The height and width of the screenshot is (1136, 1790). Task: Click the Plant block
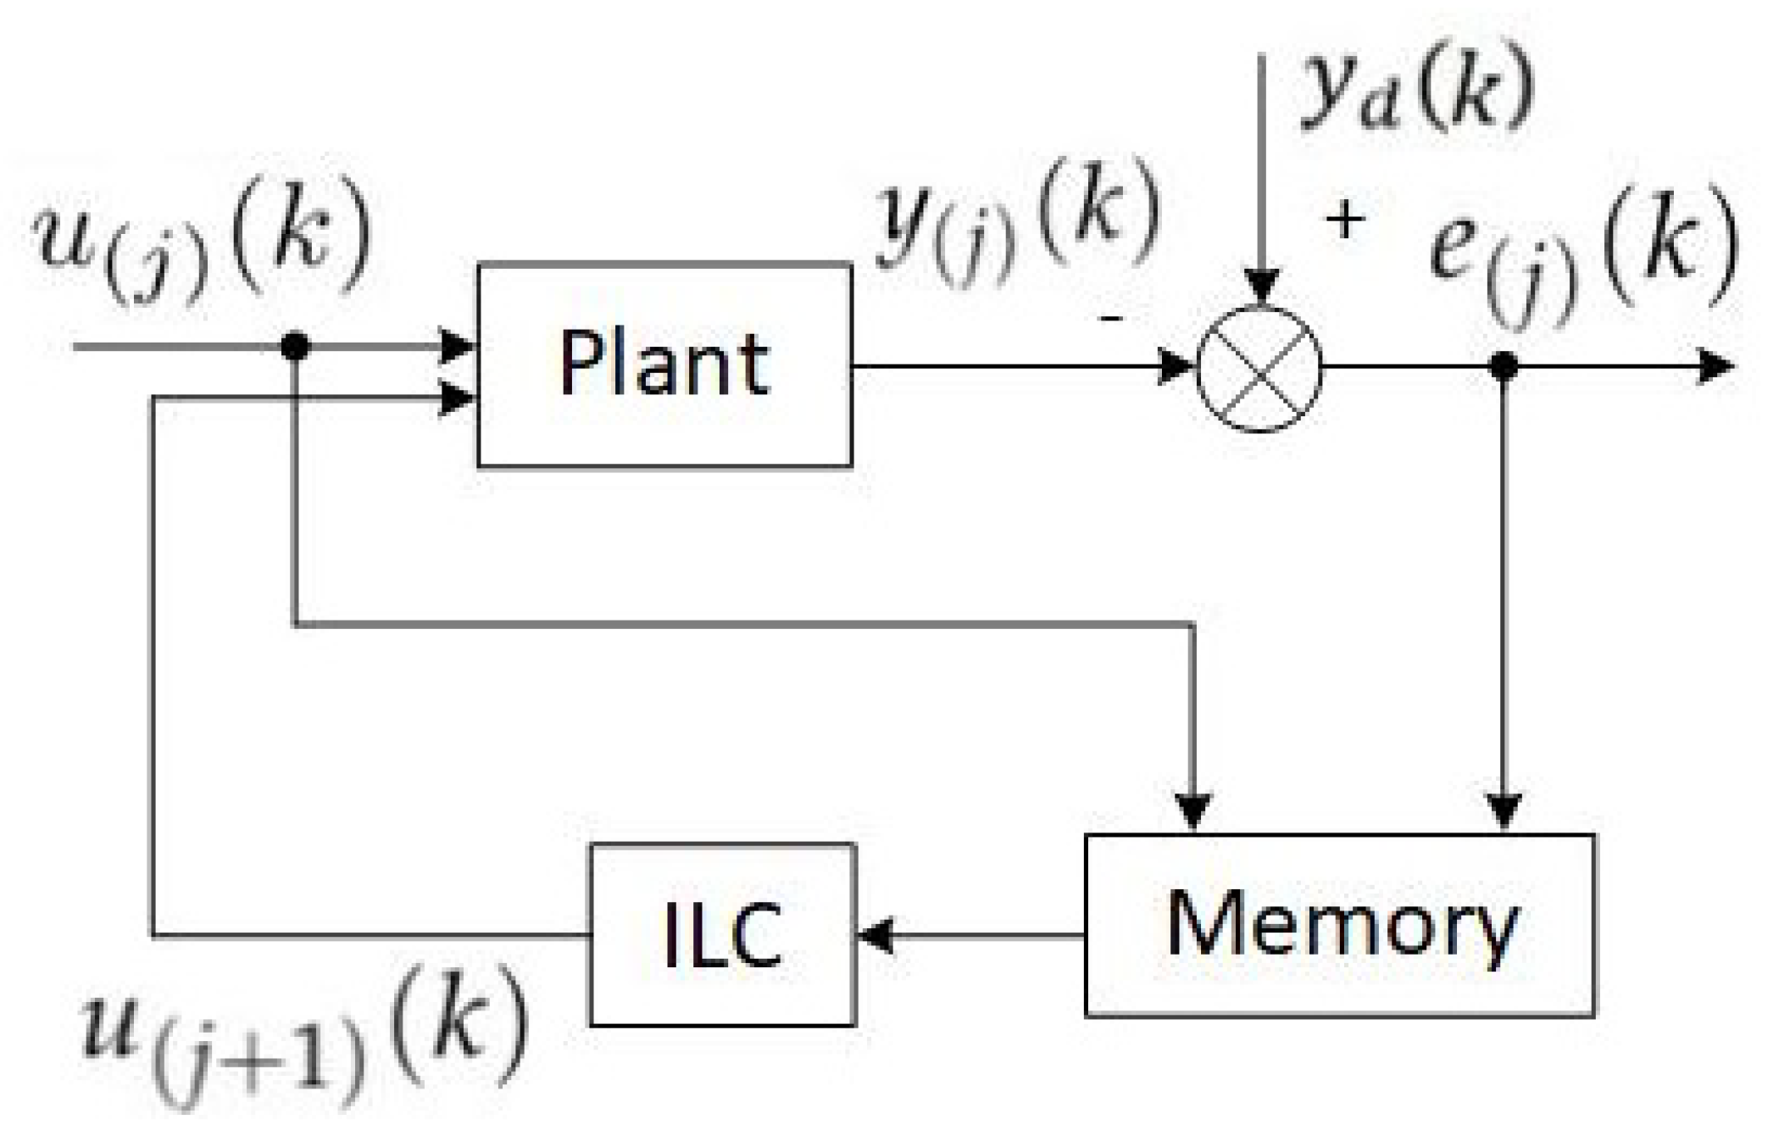click(664, 365)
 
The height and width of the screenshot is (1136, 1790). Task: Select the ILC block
click(722, 934)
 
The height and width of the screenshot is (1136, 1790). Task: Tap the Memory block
click(1340, 925)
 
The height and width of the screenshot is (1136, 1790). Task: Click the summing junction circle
click(1259, 369)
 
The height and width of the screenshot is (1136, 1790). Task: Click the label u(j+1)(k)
click(305, 1039)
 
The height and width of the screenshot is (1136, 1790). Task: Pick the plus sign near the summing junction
click(1344, 221)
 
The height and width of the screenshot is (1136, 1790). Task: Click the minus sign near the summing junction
click(1111, 318)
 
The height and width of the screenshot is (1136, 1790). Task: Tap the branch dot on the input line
click(295, 346)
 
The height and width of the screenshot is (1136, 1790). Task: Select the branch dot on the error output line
click(1504, 366)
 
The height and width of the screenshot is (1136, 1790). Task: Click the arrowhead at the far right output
click(1717, 367)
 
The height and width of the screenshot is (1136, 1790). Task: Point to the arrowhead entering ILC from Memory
click(875, 936)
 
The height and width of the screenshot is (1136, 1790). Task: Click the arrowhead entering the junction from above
click(1262, 287)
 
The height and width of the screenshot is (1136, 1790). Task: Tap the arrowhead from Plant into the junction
click(1176, 367)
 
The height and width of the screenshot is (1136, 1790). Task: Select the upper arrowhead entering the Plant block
click(459, 346)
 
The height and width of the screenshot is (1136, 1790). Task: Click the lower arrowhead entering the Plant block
click(459, 398)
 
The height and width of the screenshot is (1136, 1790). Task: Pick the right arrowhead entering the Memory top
click(1504, 810)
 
